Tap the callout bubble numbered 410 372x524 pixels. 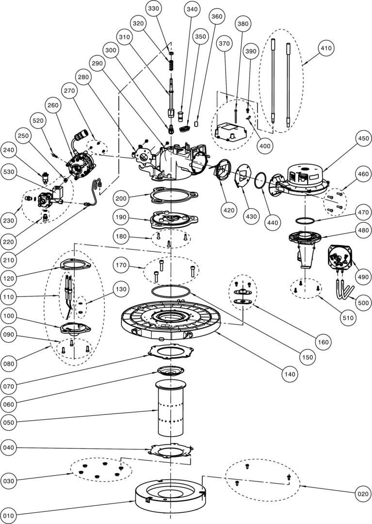pyautogui.click(x=325, y=49)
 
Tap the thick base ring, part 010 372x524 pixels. pyautogui.click(x=170, y=497)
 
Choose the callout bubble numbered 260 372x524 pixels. pyautogui.click(x=53, y=105)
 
